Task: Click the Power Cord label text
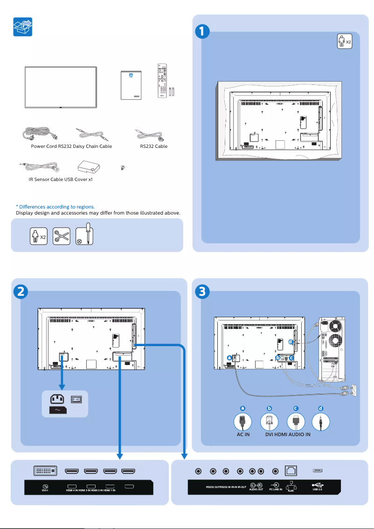44,146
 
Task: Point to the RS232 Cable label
154,146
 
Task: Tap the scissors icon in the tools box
61,237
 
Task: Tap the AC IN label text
243,434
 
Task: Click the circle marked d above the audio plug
320,408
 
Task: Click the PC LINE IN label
275,489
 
